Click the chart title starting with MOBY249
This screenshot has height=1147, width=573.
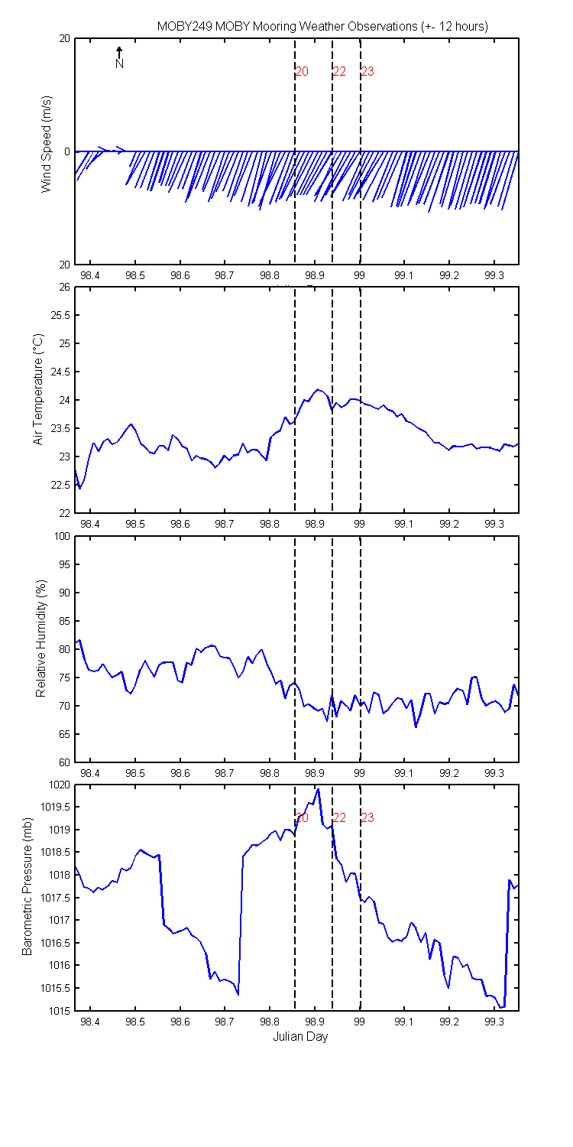point(322,26)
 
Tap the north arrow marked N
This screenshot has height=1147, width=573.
point(119,58)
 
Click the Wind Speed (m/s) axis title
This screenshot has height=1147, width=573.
point(47,144)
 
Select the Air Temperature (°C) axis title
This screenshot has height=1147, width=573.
point(38,389)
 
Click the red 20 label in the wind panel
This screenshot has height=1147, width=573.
point(302,72)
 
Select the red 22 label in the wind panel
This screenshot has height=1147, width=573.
point(339,72)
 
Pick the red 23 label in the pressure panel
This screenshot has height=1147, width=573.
point(367,817)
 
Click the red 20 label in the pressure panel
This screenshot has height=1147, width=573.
point(302,817)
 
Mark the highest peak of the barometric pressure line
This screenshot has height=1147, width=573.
point(318,789)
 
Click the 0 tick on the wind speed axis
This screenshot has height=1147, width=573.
point(67,151)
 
